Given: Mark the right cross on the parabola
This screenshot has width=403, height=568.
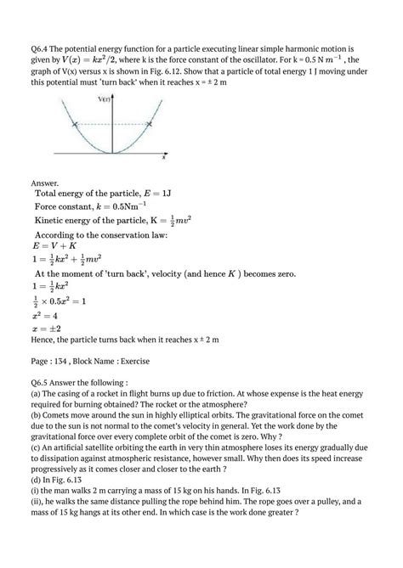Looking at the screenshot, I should [150, 125].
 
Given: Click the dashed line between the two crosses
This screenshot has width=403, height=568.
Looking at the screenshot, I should [113, 125].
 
